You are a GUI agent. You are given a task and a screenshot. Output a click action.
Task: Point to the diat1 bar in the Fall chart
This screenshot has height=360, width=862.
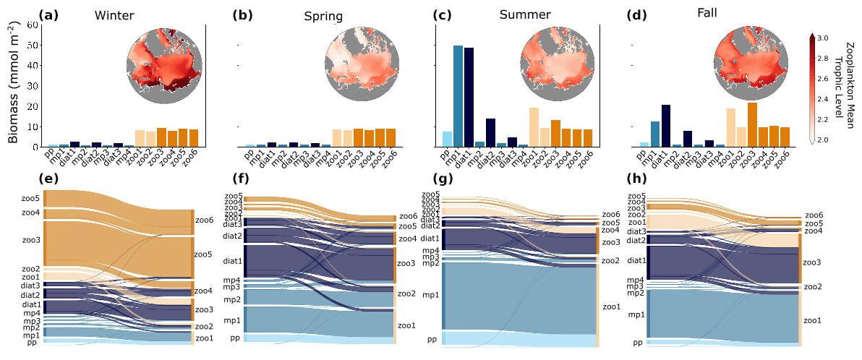pos(666,126)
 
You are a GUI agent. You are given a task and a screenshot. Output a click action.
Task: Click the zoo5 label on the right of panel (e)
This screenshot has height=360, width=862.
pos(204,255)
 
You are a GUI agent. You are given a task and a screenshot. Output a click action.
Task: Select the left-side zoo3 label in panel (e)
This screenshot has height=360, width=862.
pos(30,240)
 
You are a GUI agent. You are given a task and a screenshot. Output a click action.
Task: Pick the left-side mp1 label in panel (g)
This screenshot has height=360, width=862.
pos(430,295)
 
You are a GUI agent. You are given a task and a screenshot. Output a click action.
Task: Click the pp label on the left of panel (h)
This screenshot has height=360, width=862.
pos(638,342)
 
